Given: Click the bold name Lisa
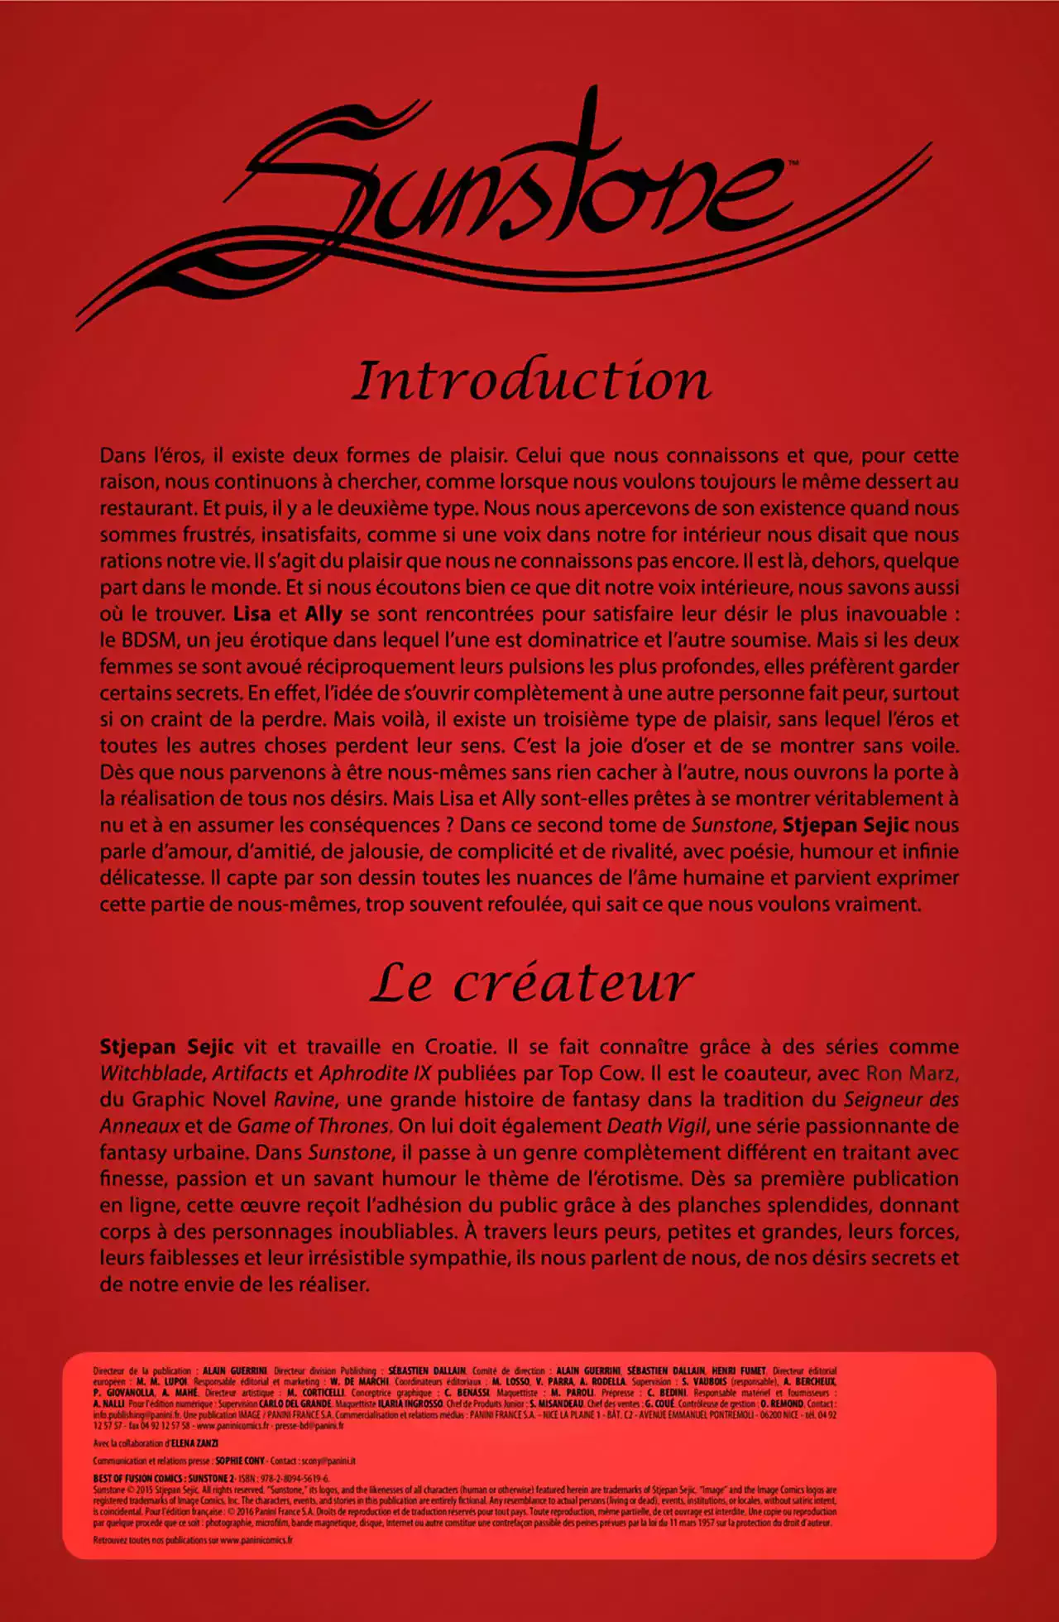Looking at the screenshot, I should [x=252, y=614].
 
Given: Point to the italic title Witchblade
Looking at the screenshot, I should [x=151, y=1073].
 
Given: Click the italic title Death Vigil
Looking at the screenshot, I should [x=658, y=1126].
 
